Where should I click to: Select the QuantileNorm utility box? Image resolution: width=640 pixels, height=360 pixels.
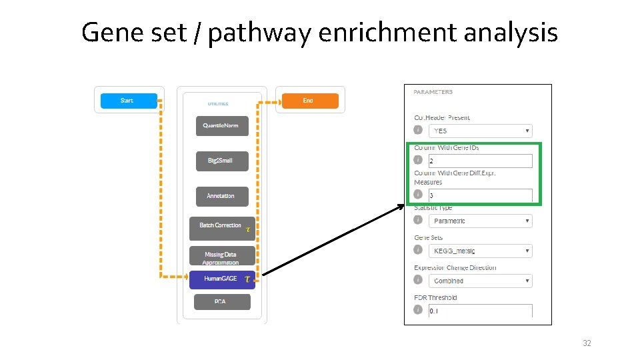(222, 126)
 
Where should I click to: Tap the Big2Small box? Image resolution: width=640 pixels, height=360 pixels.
(222, 161)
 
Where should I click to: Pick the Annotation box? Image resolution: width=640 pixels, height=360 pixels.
(222, 196)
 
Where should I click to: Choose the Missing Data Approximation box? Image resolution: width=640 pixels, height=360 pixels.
(221, 256)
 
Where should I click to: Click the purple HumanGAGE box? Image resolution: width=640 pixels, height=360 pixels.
(221, 279)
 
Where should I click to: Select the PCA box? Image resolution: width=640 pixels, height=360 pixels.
(222, 302)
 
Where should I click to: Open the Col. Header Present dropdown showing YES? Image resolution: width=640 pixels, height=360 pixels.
(480, 131)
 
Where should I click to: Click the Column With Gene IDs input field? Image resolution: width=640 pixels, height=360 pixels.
(480, 161)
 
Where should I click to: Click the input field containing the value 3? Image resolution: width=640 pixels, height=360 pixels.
(480, 195)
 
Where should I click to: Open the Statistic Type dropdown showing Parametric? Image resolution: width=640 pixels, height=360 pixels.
(480, 221)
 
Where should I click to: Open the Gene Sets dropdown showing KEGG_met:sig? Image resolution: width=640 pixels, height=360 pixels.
(480, 251)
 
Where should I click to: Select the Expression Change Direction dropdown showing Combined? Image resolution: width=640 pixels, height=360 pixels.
(480, 281)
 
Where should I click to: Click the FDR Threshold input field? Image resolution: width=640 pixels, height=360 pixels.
(480, 311)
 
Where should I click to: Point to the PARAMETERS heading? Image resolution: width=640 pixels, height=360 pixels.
(433, 92)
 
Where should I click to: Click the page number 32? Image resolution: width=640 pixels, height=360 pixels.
(587, 343)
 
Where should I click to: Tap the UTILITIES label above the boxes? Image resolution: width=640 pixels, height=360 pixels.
(217, 103)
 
